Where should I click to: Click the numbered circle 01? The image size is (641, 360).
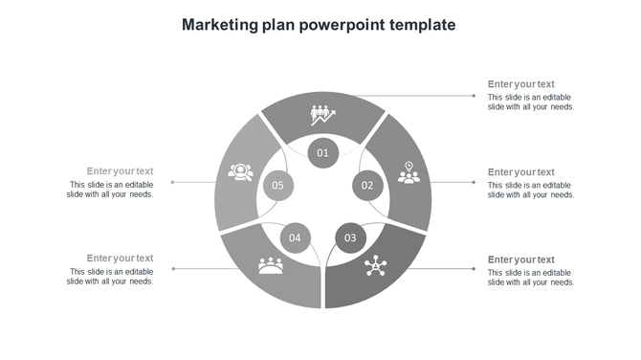(323, 152)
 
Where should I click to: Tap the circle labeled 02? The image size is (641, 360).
(367, 185)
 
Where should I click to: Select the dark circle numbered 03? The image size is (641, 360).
(350, 237)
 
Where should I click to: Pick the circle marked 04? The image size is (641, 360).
(295, 237)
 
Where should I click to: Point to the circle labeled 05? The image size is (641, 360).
(277, 185)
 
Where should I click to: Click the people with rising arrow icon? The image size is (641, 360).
(322, 116)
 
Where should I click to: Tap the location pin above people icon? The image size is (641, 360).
(409, 173)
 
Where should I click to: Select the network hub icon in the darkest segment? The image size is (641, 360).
(373, 266)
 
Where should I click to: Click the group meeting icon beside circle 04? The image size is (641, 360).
(271, 265)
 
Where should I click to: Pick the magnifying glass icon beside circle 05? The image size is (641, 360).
(239, 173)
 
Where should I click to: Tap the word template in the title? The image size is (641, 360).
(422, 24)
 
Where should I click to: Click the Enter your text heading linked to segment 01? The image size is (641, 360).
(520, 84)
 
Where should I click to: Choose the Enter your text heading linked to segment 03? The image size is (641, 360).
(520, 259)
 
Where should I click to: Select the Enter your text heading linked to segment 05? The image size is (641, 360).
(120, 171)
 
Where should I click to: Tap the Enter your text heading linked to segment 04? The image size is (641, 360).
(120, 258)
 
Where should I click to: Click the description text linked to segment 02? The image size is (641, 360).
(530, 190)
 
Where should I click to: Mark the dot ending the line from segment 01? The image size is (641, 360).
(475, 96)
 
